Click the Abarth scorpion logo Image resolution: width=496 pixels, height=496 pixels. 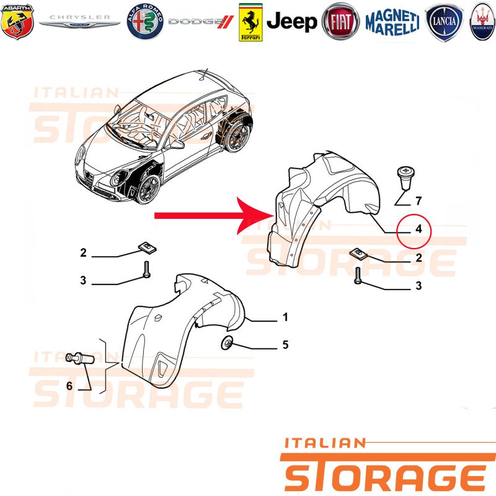(17, 22)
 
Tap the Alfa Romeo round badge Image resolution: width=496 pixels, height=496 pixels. (145, 22)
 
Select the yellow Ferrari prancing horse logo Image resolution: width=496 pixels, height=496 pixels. (250, 22)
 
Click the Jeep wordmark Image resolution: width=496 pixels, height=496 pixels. (291, 22)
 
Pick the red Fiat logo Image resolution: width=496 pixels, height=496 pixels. (340, 22)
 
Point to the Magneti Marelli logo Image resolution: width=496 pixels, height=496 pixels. (392, 22)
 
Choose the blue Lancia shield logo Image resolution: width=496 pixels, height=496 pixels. (444, 22)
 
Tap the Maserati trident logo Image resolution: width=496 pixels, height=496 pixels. (483, 22)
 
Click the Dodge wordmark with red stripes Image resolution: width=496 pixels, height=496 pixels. (201, 22)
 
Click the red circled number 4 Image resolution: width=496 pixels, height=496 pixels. (418, 228)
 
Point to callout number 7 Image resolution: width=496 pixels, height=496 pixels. (418, 200)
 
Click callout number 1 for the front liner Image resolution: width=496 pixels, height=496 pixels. (285, 317)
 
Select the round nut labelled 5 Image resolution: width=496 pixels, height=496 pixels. (227, 343)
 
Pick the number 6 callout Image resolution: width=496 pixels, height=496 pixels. (69, 386)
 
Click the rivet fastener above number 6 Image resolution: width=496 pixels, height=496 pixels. (80, 359)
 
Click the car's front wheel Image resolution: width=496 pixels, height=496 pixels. (148, 188)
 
